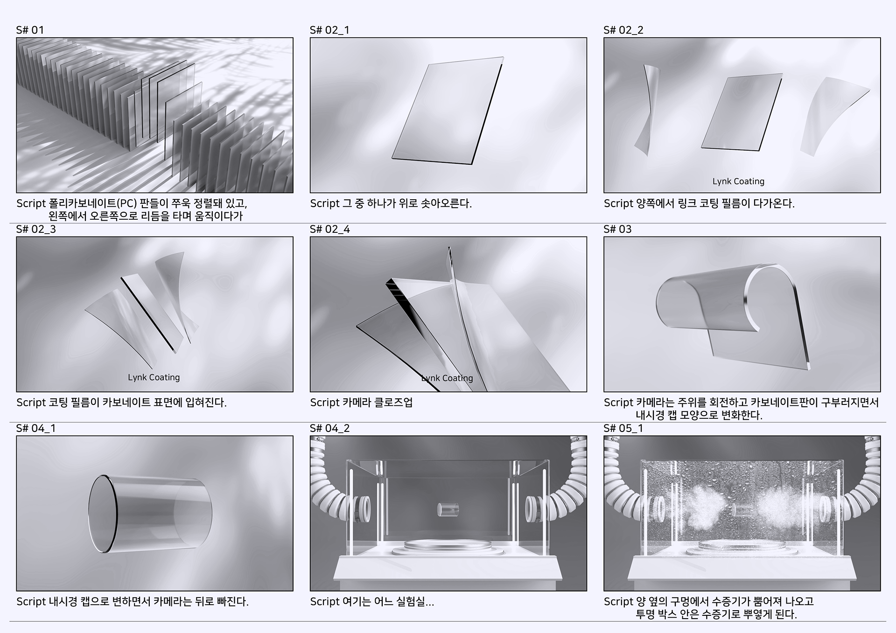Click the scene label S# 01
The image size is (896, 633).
[30, 30]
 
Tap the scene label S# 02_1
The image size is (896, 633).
[329, 30]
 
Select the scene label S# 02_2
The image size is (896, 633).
[623, 30]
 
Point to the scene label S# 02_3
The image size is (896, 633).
[36, 230]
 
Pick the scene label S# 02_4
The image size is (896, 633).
[330, 230]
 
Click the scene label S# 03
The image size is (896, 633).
[617, 230]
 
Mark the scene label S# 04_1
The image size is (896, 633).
[36, 429]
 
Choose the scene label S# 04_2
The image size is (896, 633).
[330, 429]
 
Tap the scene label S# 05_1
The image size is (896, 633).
[623, 429]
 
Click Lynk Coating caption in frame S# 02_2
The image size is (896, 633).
[738, 181]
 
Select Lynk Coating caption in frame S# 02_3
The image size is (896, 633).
[154, 377]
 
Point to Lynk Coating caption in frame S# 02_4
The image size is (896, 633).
[447, 378]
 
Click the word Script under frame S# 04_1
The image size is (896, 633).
[31, 602]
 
